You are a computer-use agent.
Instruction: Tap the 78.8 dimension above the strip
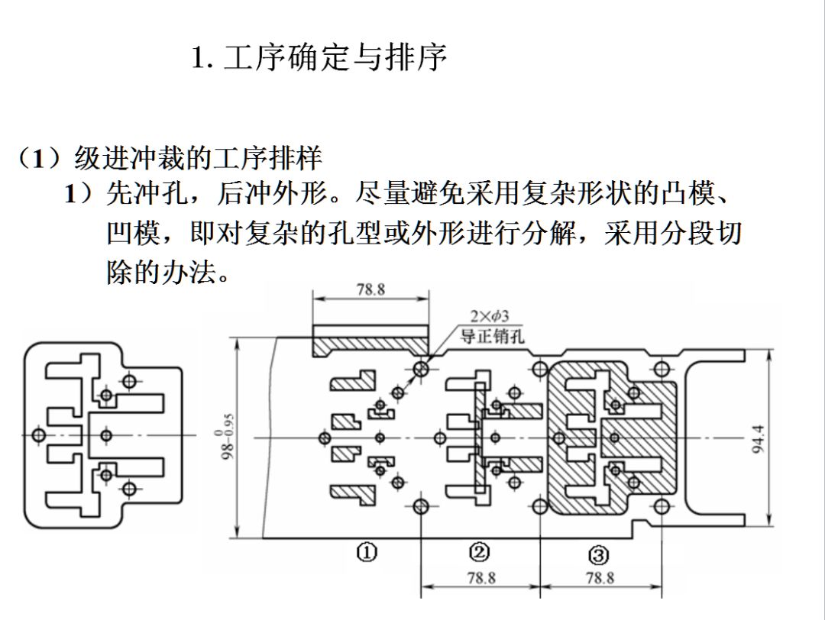click(370, 290)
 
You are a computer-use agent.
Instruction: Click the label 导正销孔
click(492, 335)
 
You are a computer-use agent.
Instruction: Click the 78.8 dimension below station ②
click(480, 579)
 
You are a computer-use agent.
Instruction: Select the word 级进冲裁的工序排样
click(199, 159)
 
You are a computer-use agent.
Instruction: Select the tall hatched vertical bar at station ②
click(479, 439)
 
